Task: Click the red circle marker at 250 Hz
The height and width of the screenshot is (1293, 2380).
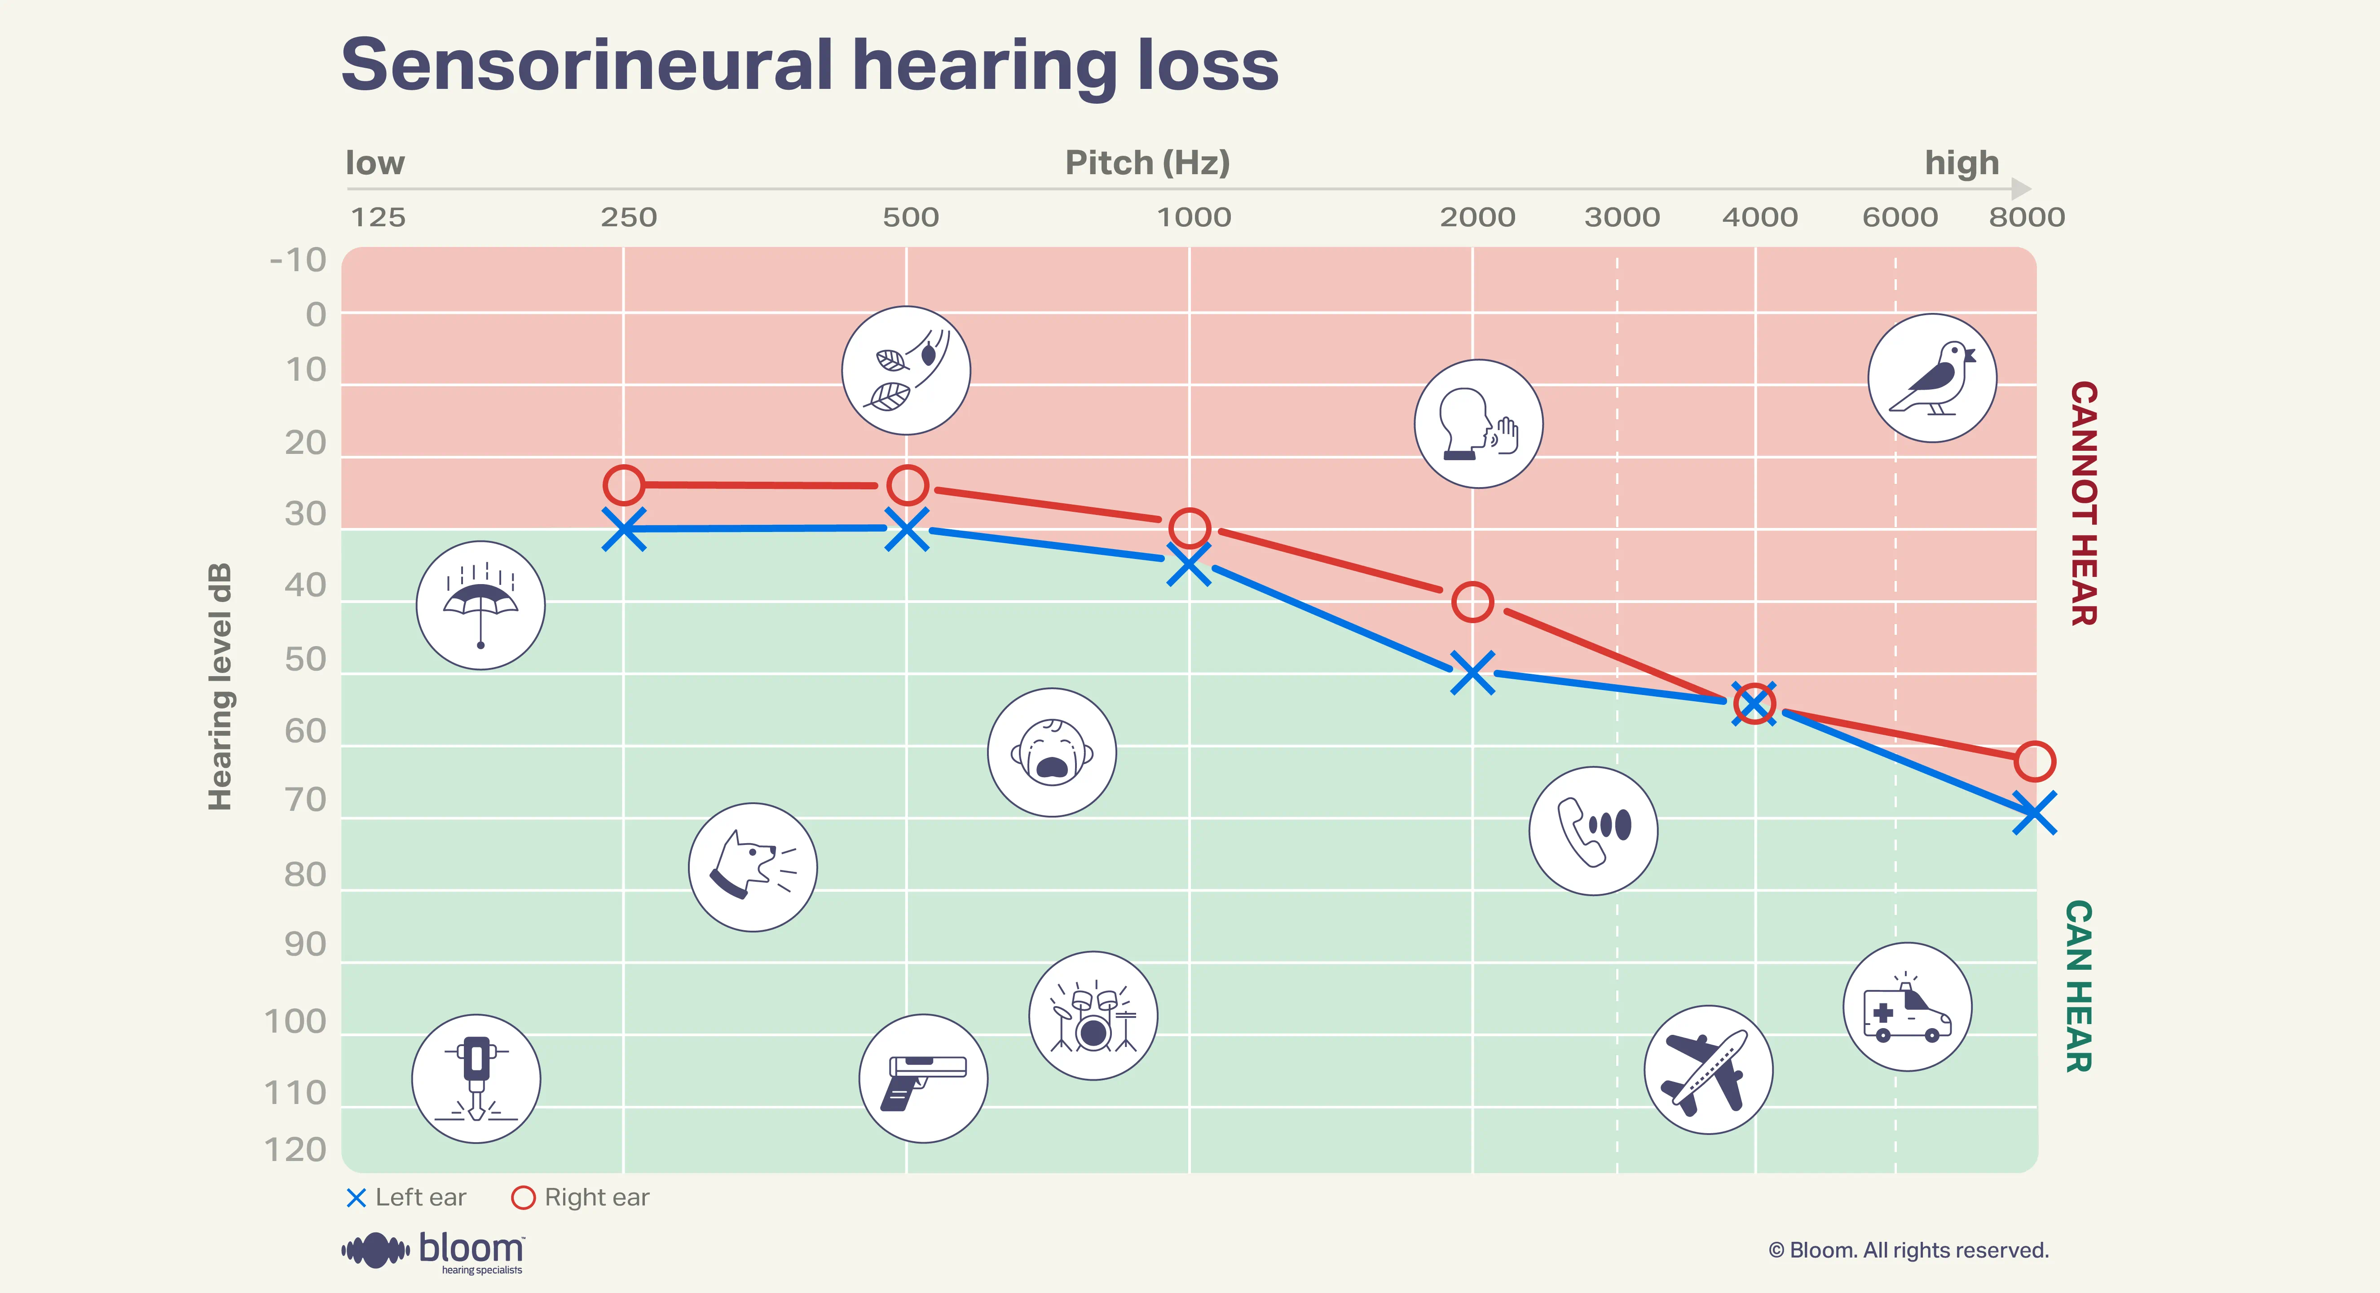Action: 624,485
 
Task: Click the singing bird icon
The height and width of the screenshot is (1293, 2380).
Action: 1932,378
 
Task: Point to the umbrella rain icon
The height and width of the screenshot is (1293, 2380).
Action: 480,605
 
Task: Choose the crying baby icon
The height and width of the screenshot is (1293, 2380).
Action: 1051,752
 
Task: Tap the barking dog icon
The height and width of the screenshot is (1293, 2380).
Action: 753,867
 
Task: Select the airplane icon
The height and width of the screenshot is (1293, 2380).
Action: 1708,1069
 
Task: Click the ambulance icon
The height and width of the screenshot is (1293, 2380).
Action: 1907,1007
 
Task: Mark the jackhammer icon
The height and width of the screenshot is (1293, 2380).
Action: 476,1079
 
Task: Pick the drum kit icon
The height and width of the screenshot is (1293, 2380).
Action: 1093,1016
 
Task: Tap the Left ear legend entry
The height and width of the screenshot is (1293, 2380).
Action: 406,1198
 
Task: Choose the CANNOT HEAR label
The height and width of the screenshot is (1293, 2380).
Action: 2083,503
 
